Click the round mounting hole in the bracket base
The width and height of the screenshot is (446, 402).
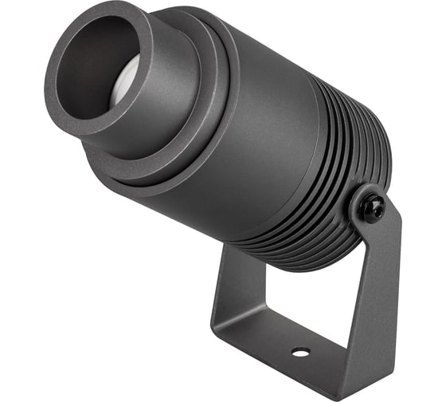pyautogui.click(x=300, y=352)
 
